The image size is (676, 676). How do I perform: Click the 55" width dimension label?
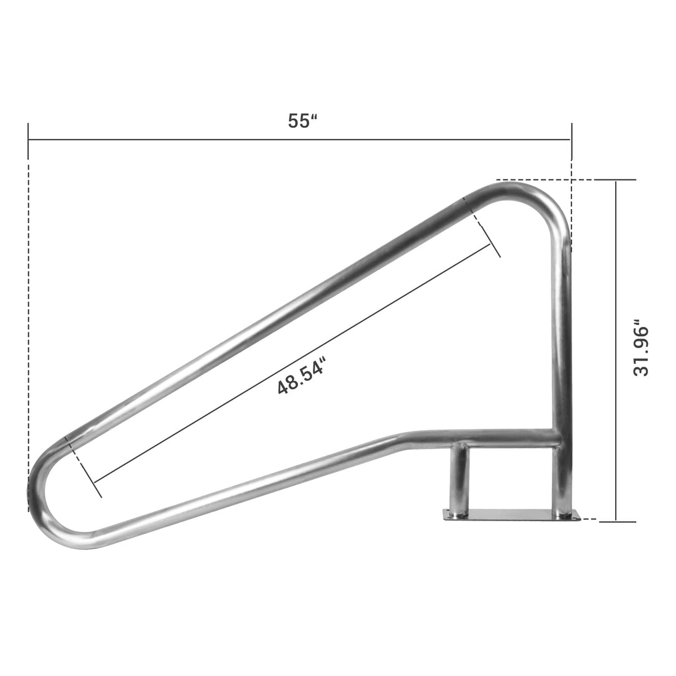click(302, 120)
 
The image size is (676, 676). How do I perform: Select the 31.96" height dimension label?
click(640, 348)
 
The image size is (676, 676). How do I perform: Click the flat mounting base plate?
click(512, 514)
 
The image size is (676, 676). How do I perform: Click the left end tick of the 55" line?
click(28, 140)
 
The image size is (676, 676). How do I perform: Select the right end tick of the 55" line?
click(572, 140)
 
